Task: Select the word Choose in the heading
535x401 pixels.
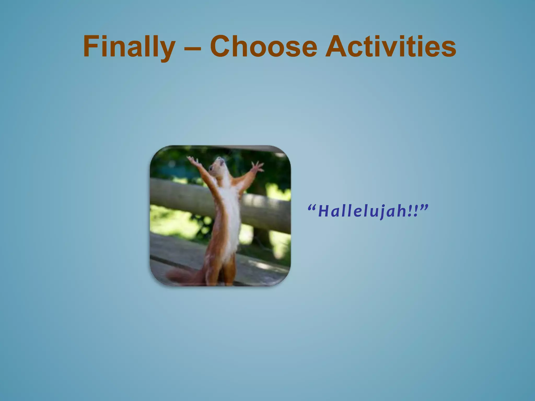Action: click(264, 47)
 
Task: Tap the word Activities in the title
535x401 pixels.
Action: click(391, 47)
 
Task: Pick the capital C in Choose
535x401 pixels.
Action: click(222, 47)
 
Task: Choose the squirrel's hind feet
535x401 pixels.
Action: click(219, 281)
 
